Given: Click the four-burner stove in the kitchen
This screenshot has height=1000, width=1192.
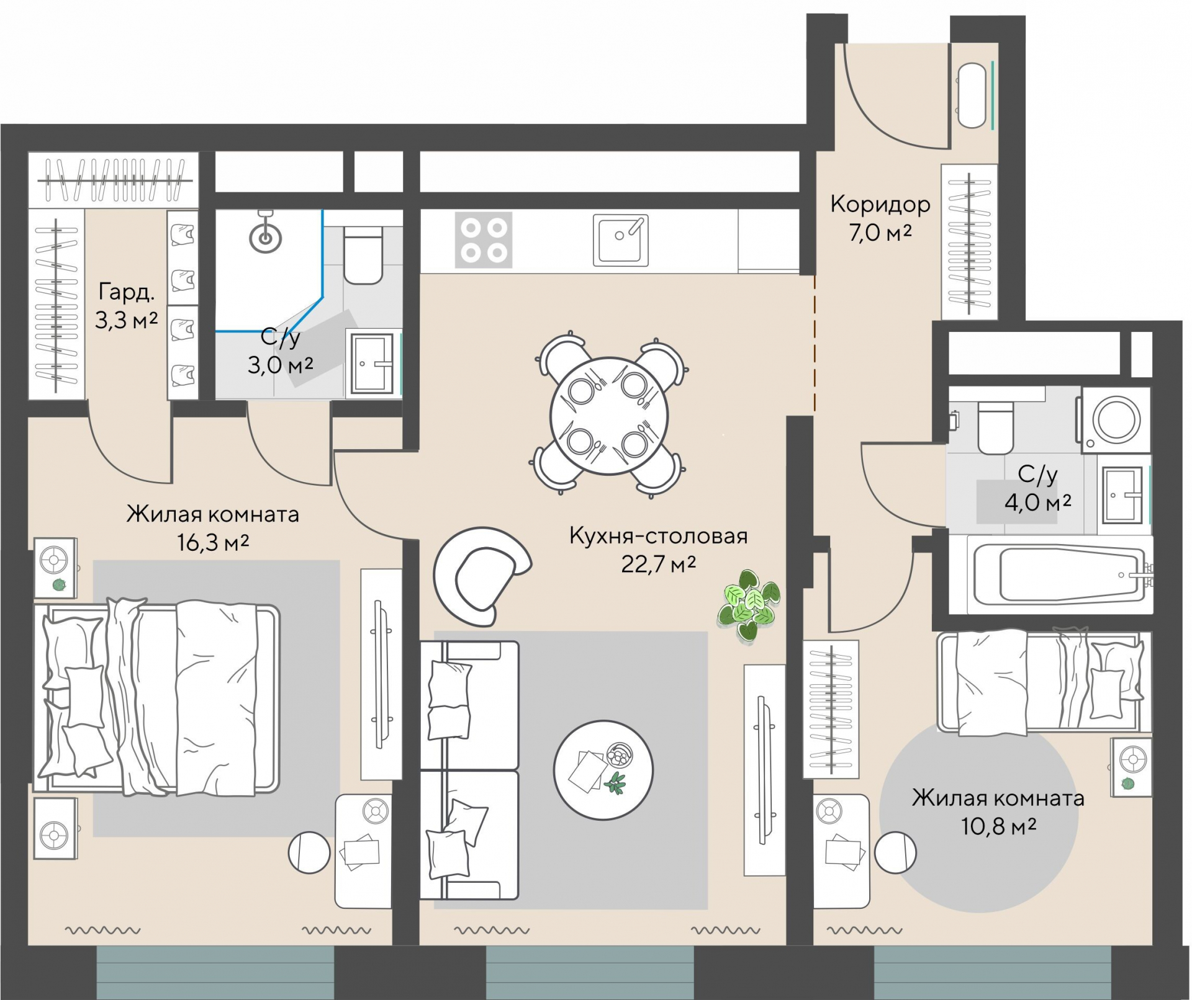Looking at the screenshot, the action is click(484, 240).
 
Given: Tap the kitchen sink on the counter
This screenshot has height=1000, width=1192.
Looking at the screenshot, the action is click(621, 240).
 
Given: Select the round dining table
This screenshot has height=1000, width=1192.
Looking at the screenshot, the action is click(609, 416).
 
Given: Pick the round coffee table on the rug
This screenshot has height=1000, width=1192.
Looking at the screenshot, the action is click(603, 770).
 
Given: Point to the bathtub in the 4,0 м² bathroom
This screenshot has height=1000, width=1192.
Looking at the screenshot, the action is click(1051, 574).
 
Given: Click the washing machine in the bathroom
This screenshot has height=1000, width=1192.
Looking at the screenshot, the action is click(1116, 419).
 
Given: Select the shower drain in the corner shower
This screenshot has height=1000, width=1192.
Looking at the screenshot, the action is click(266, 236).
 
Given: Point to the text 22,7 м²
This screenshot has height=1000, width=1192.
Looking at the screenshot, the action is click(659, 564).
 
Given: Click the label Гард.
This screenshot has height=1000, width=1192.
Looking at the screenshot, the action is click(126, 292).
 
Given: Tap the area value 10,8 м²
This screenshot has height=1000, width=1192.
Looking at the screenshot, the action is click(999, 826).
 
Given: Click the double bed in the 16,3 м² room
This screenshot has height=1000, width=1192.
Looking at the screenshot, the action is click(156, 697).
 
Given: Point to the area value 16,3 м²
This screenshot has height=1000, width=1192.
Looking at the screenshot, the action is click(213, 543).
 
